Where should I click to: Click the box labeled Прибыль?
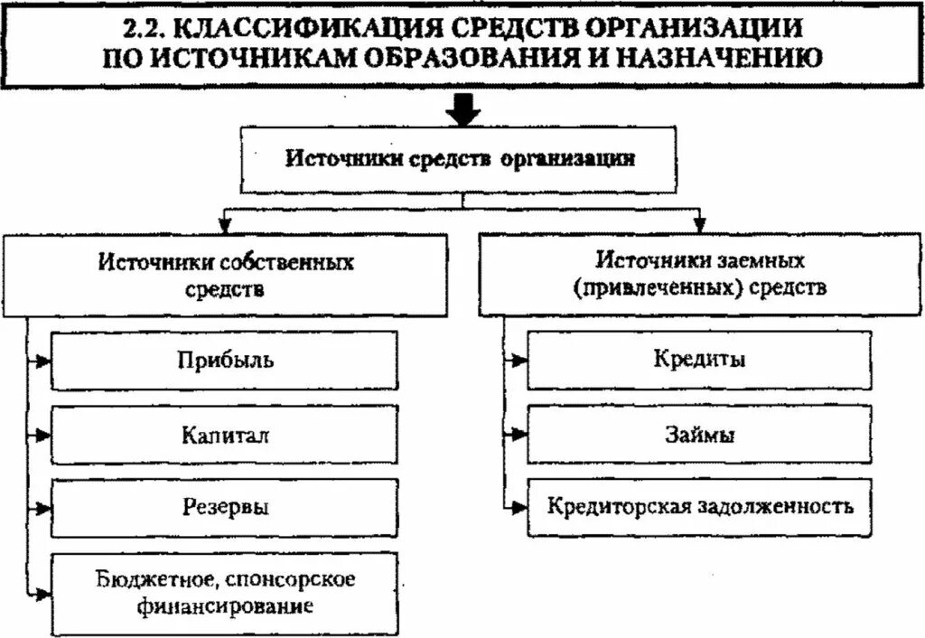225,361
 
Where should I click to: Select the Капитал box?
225,435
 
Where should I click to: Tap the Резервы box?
225,507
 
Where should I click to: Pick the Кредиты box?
700,360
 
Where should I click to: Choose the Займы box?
700,435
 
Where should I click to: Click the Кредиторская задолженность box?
700,505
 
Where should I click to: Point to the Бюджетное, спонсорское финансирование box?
225,592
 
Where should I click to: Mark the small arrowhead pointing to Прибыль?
43,361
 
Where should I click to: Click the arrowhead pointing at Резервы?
43,508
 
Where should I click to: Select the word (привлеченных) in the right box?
658,288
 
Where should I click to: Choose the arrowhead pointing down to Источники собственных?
225,223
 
